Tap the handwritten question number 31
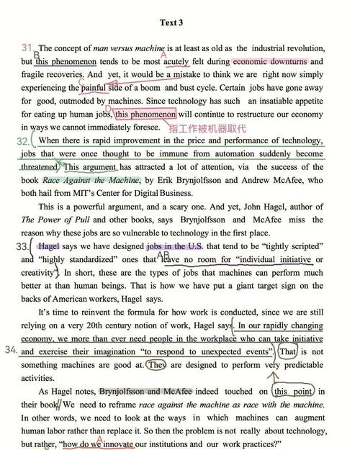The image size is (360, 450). pyautogui.click(x=27, y=48)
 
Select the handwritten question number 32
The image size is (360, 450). pyautogui.click(x=22, y=142)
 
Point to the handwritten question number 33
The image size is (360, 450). pyautogui.click(x=24, y=246)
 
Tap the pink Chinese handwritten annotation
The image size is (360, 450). pyautogui.click(x=227, y=127)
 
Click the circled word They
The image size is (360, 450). pyautogui.click(x=156, y=365)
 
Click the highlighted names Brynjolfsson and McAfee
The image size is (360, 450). pyautogui.click(x=150, y=392)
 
